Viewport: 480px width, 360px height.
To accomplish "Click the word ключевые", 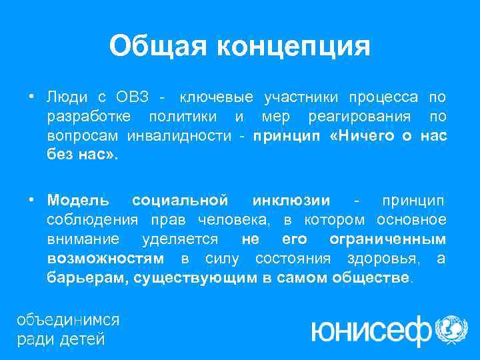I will pos(217,98).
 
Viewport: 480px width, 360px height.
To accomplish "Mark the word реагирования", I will pos(351,118).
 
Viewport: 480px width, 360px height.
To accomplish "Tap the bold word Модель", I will pos(78,200).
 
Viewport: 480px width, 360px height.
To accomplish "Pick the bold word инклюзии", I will pos(291,200).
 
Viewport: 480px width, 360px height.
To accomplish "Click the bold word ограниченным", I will pos(387,239).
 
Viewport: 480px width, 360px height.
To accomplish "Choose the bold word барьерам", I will pos(86,277).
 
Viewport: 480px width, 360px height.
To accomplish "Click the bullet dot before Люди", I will pos(31,98).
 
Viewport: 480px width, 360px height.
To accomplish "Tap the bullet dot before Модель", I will pos(31,200).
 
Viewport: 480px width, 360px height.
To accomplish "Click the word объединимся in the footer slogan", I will pos(68,319).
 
